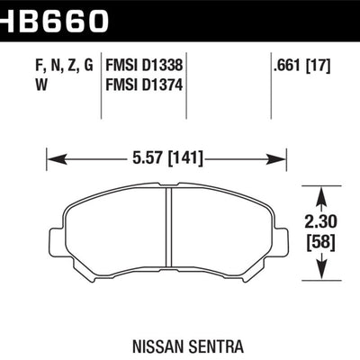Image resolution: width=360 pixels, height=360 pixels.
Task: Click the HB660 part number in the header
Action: [x=54, y=17]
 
